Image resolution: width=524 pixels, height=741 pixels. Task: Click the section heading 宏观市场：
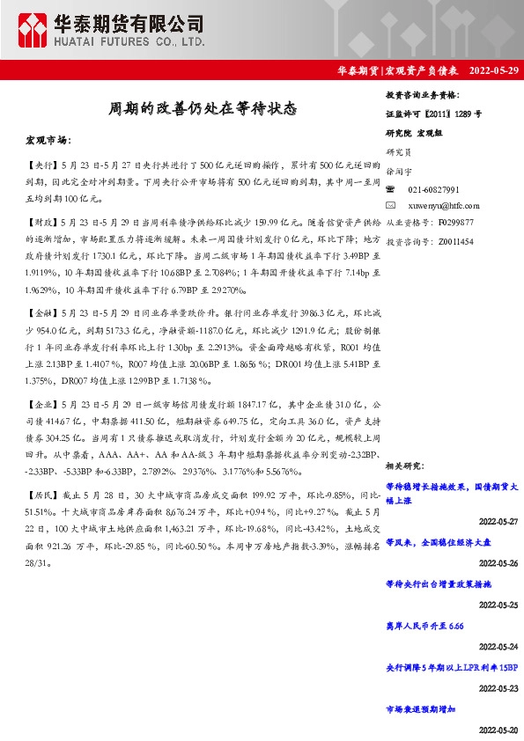click(47, 140)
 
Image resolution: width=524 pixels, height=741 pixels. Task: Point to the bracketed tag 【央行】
click(41, 165)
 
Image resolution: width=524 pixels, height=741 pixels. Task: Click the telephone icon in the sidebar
click(392, 190)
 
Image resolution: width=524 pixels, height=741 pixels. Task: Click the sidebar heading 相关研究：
click(406, 465)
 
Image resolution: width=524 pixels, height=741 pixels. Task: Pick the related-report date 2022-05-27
click(498, 521)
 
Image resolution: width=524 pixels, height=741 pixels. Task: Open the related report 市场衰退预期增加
click(422, 708)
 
